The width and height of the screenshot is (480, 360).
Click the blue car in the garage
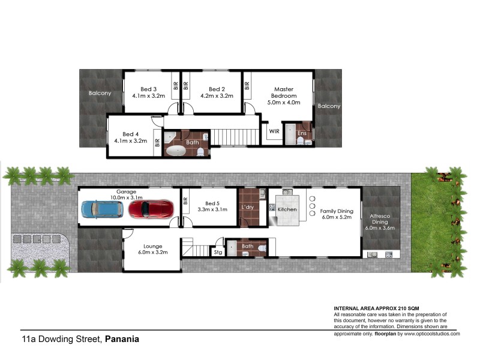coord(101,209)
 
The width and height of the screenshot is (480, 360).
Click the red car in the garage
coord(150,209)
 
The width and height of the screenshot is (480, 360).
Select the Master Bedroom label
coord(281,92)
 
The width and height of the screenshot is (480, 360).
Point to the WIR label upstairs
coord(274,131)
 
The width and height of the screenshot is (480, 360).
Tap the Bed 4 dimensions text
coord(130,142)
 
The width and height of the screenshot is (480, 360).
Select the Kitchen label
coord(287,209)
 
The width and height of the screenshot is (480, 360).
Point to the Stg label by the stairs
coord(217,253)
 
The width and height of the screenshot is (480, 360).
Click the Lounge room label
coord(153,245)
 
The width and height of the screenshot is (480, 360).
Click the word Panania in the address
coord(122,338)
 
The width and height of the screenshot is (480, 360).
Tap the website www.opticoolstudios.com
coord(429,333)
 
